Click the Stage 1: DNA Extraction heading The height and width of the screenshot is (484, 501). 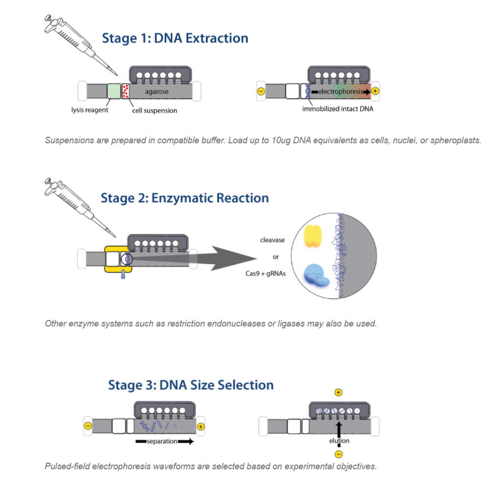[175, 38]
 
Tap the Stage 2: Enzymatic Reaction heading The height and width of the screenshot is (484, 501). [184, 198]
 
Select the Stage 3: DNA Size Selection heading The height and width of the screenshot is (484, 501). [191, 385]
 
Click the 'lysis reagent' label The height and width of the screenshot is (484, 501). [90, 110]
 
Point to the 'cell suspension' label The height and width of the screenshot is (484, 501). [155, 111]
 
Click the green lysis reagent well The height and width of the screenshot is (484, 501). [114, 91]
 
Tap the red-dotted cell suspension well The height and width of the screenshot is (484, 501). [126, 91]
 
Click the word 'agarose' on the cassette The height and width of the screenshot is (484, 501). [157, 92]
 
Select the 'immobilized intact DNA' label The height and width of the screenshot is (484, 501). [338, 109]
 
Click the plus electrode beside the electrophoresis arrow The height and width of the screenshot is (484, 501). [375, 91]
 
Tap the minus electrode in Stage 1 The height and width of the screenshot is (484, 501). [261, 92]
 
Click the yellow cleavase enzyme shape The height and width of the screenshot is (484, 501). [313, 236]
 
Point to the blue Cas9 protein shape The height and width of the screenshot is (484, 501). [316, 275]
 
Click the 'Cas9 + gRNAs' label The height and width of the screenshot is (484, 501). [266, 274]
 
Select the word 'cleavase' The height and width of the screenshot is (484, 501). [272, 240]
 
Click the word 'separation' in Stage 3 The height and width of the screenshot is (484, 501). [162, 441]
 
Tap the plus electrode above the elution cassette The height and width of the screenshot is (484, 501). [339, 392]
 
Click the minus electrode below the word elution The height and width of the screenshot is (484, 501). [339, 454]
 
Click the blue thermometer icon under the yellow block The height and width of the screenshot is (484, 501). [123, 274]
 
